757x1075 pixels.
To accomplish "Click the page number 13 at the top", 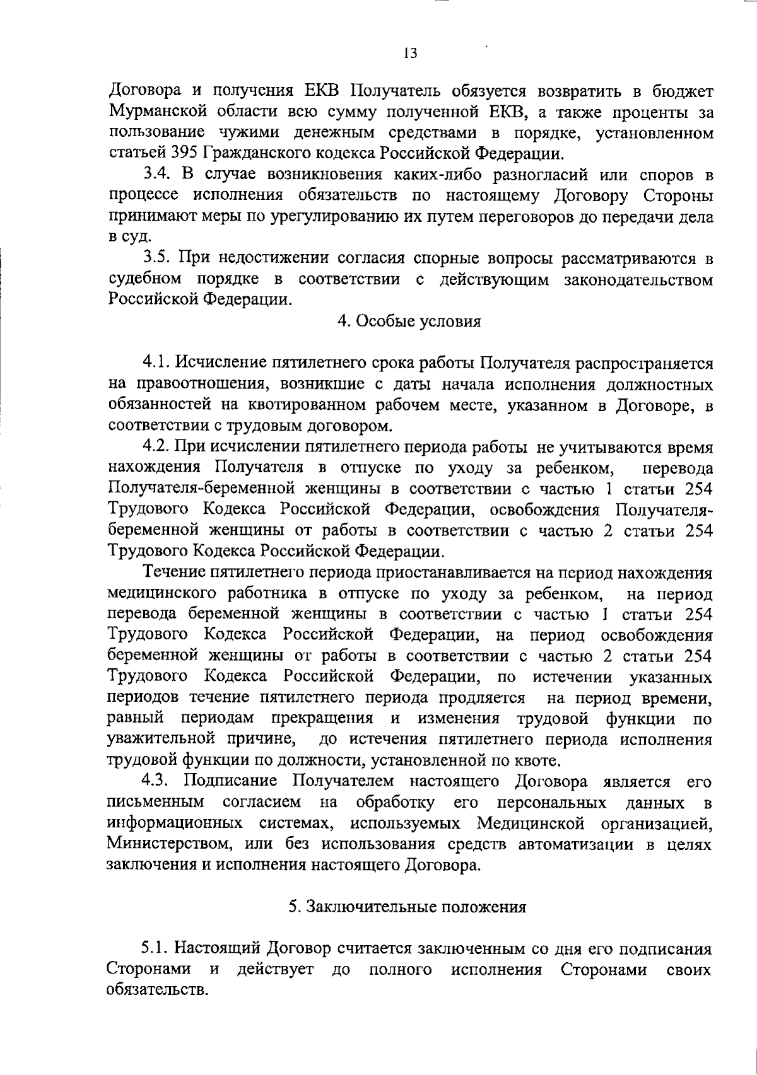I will pyautogui.click(x=410, y=54).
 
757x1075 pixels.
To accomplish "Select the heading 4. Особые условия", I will pyautogui.click(x=409, y=322).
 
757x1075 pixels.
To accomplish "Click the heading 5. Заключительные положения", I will pyautogui.click(x=408, y=907).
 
